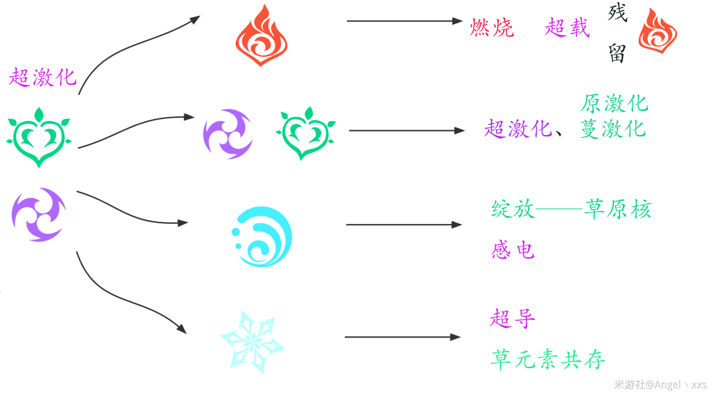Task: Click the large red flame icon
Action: click(x=261, y=35)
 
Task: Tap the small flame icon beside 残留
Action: click(x=658, y=31)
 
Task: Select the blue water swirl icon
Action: click(x=262, y=237)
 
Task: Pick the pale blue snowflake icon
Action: click(x=253, y=342)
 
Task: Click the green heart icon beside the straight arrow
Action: click(x=305, y=133)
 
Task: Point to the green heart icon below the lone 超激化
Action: click(x=39, y=137)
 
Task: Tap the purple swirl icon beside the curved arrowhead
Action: click(x=228, y=134)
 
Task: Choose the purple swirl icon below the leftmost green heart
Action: click(x=39, y=215)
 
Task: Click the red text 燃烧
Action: click(x=492, y=27)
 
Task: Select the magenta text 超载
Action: click(x=567, y=27)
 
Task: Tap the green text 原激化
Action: click(x=614, y=104)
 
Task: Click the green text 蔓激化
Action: click(x=613, y=129)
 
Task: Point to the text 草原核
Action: click(x=618, y=209)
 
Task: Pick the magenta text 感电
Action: click(x=513, y=250)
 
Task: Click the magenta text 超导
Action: click(x=513, y=318)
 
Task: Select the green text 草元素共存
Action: click(x=548, y=360)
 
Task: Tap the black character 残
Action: click(x=617, y=12)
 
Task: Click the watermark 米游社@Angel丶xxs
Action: click(x=660, y=384)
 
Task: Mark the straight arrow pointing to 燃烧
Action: click(x=405, y=21)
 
